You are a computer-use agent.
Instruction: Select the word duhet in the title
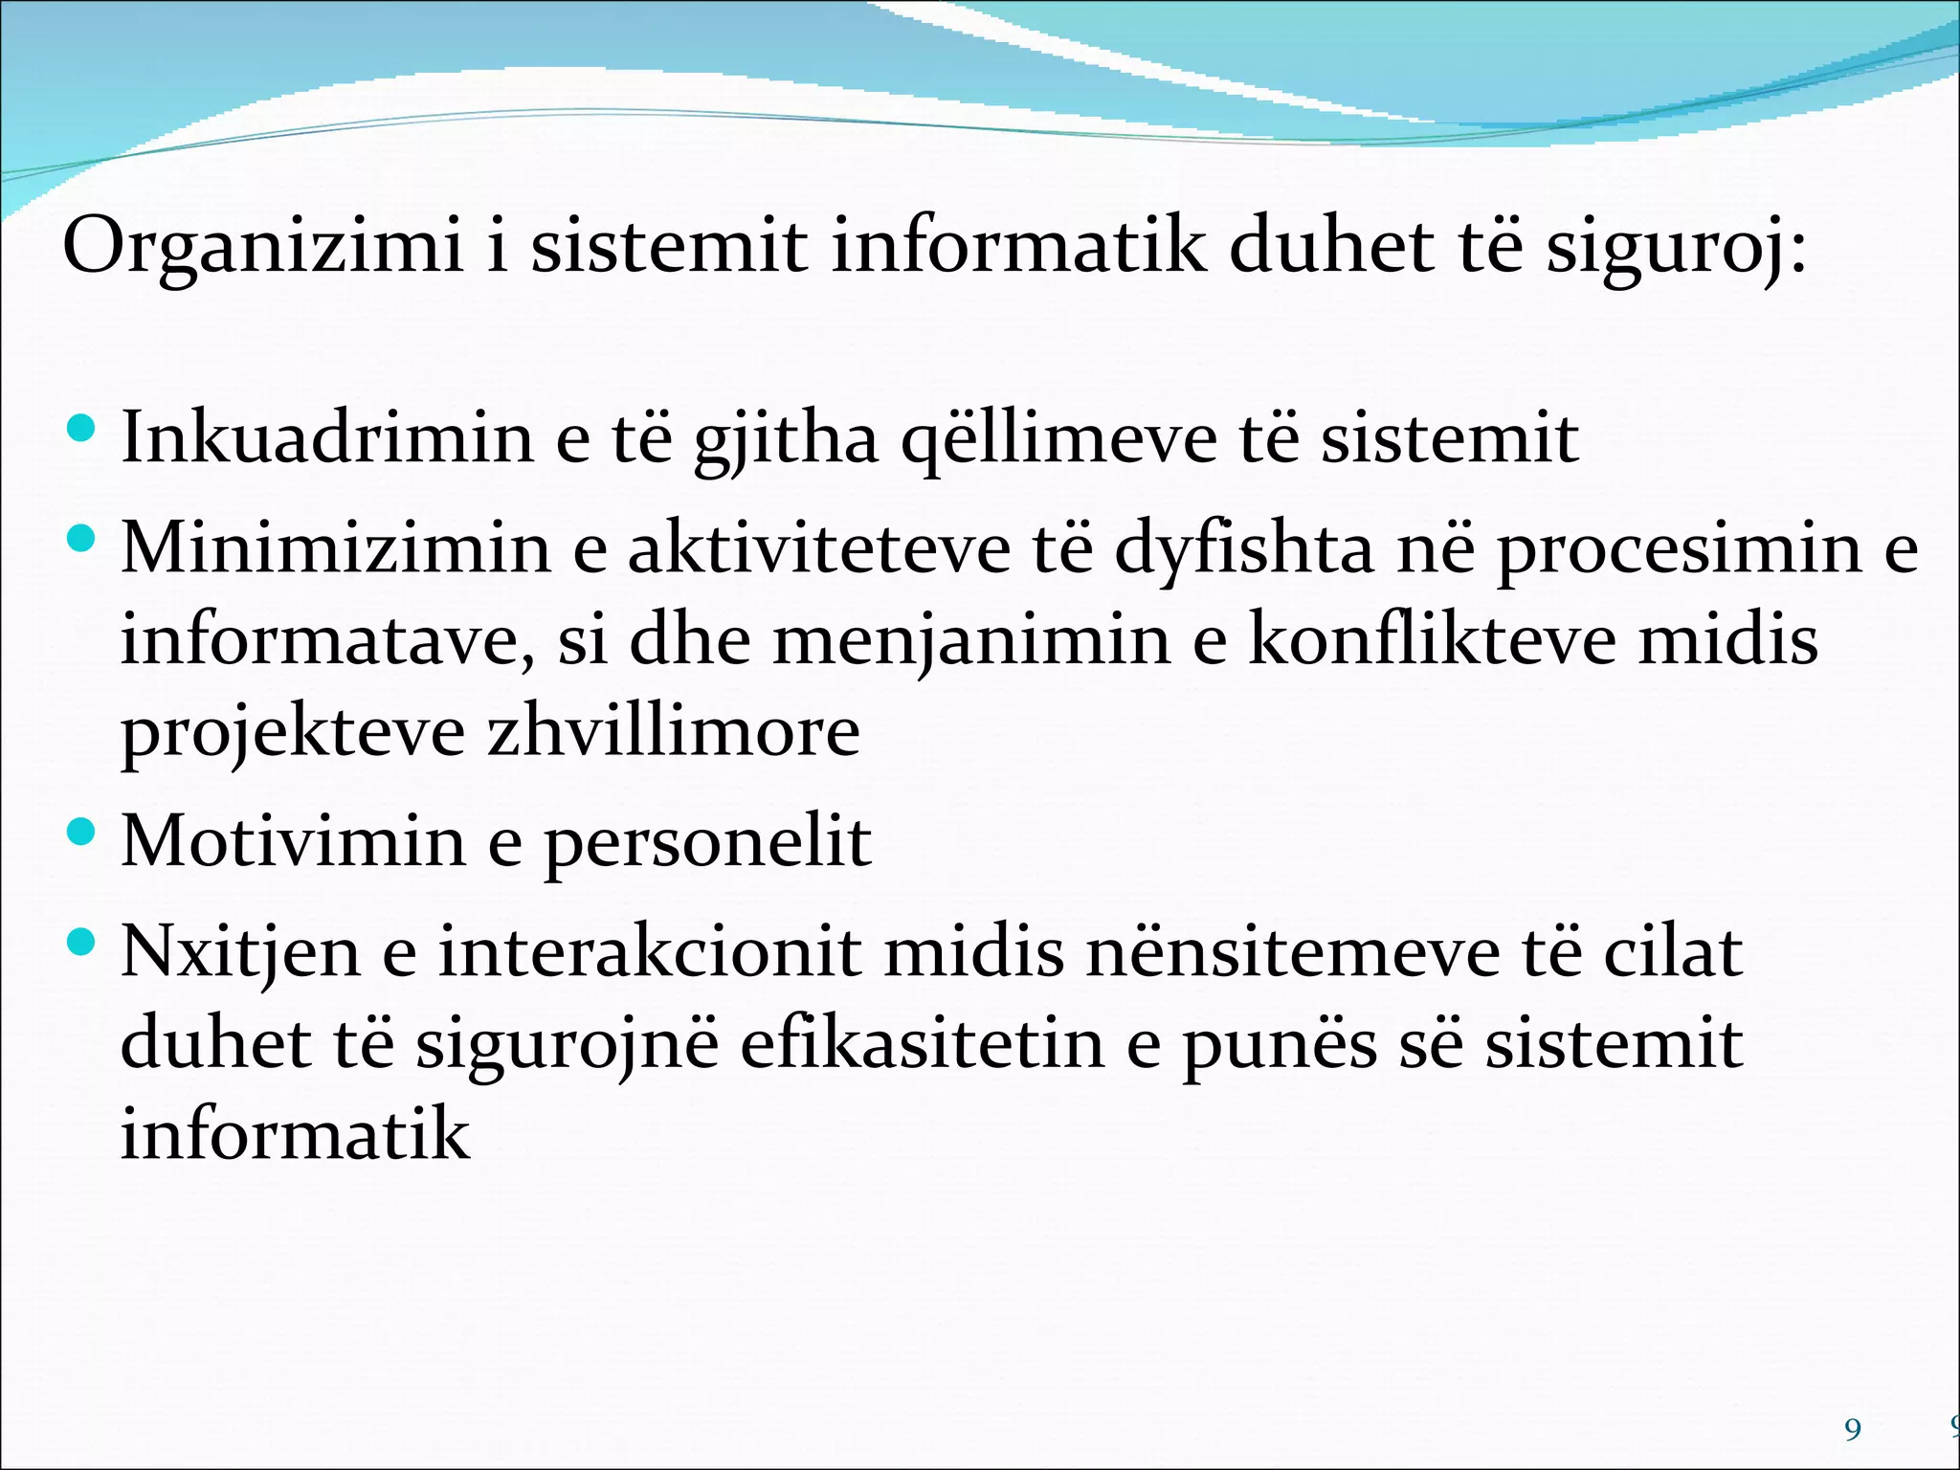(1331, 247)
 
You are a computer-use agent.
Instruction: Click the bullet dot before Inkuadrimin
(83, 427)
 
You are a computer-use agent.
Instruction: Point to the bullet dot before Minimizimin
(83, 539)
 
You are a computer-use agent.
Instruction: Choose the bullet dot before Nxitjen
(83, 943)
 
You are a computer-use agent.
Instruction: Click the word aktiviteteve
(819, 548)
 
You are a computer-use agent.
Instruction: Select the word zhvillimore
(674, 731)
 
